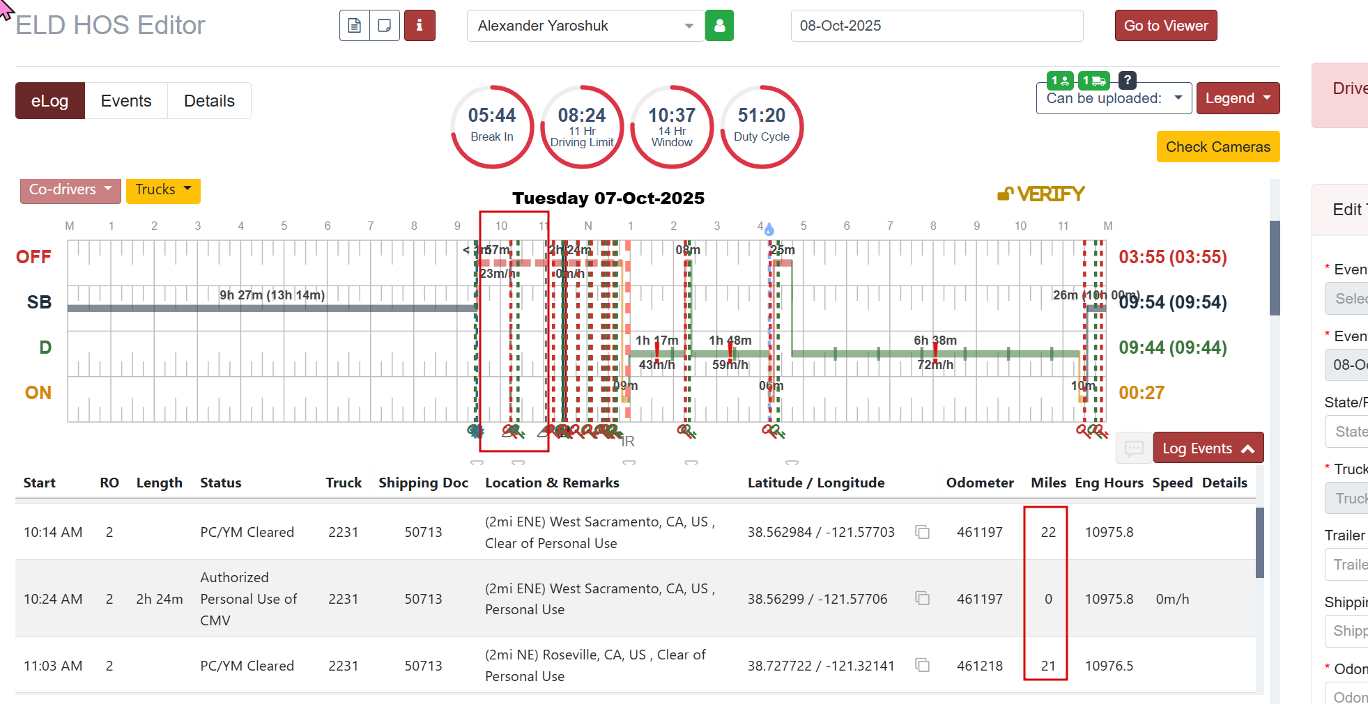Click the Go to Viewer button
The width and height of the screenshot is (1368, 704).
click(1165, 26)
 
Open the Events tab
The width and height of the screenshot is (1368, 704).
click(125, 101)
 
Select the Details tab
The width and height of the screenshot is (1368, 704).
click(209, 101)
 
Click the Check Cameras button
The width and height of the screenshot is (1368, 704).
click(1217, 147)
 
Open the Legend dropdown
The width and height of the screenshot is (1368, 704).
click(1237, 98)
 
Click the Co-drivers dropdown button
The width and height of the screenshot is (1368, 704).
click(70, 189)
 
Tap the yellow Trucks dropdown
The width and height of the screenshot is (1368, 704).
click(162, 189)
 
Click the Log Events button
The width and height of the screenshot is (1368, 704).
click(1208, 448)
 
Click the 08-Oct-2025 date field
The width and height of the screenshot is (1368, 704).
click(936, 26)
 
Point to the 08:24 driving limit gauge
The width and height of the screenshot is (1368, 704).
click(582, 126)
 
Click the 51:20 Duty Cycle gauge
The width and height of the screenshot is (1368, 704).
click(762, 126)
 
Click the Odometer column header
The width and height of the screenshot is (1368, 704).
click(979, 483)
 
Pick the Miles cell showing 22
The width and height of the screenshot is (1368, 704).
click(1048, 532)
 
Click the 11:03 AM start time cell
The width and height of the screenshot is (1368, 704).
click(53, 666)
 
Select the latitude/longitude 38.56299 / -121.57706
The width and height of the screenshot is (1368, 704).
click(817, 599)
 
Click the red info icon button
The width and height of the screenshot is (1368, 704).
click(420, 26)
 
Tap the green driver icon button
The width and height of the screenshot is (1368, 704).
click(719, 26)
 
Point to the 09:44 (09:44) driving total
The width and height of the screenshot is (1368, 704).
click(1172, 347)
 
